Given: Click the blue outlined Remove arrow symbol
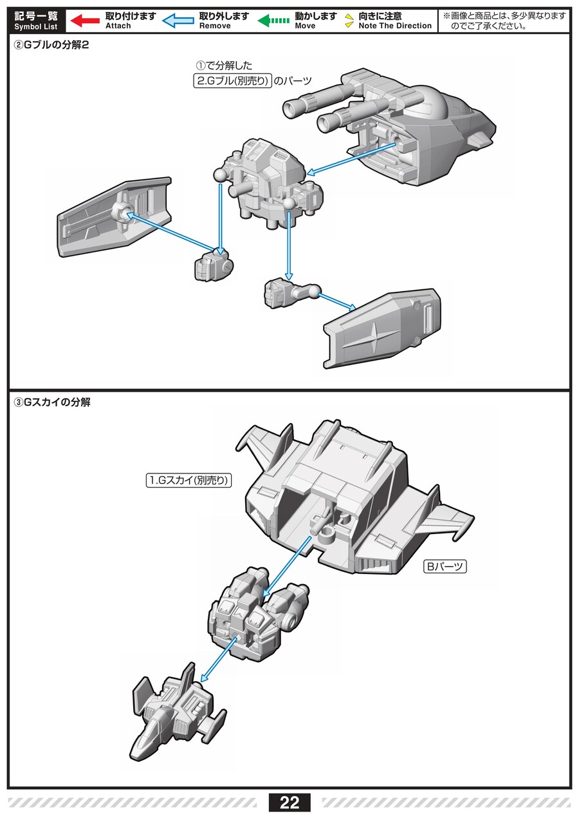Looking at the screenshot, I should point(178,21).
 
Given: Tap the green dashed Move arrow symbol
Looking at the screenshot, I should point(273,21).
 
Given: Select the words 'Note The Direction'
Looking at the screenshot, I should point(395,26).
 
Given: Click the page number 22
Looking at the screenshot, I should point(289,803).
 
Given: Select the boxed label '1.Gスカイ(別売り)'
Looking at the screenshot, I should point(188,480).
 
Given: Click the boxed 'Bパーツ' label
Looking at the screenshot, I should point(445,567).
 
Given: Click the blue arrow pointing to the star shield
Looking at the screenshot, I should point(338,301).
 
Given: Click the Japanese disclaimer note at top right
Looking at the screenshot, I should point(504,21).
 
